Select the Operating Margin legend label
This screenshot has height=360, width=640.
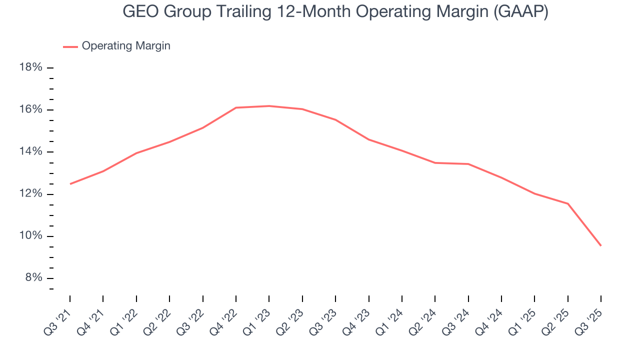pyautogui.click(x=126, y=46)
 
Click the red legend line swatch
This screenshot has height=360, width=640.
pyautogui.click(x=70, y=46)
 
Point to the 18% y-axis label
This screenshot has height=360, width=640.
pyautogui.click(x=30, y=67)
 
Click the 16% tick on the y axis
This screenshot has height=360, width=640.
pyautogui.click(x=30, y=109)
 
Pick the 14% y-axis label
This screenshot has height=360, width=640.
pyautogui.click(x=30, y=152)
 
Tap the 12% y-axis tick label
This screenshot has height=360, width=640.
pyautogui.click(x=30, y=194)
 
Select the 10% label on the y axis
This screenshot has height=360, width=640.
pyautogui.click(x=30, y=236)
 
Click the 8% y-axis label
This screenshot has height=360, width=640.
pyautogui.click(x=33, y=278)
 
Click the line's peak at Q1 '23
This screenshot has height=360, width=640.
pyautogui.click(x=269, y=106)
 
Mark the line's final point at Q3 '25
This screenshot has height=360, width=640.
pyautogui.click(x=600, y=245)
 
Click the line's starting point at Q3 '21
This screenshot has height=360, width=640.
pyautogui.click(x=70, y=184)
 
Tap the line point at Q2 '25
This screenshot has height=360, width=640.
pyautogui.click(x=567, y=203)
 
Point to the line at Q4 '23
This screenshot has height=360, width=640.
pyautogui.click(x=369, y=139)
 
